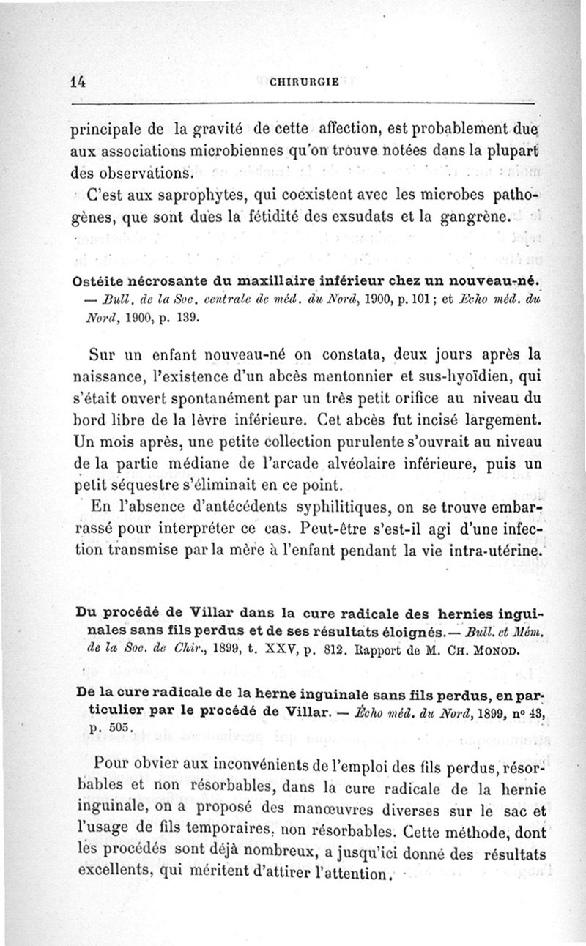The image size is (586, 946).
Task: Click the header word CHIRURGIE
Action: [x=304, y=82]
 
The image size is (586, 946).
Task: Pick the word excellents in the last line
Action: [x=115, y=874]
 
